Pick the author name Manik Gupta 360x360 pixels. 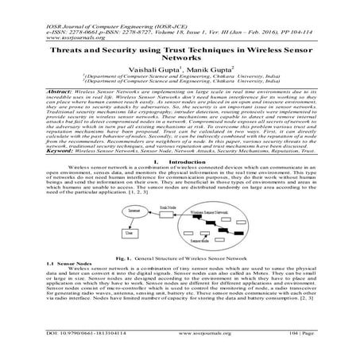click(x=207, y=69)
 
